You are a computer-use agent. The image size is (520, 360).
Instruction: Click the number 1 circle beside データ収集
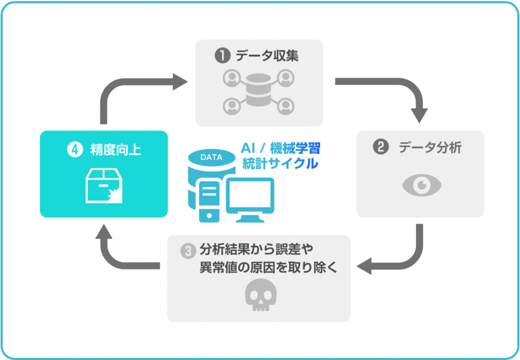point(222,55)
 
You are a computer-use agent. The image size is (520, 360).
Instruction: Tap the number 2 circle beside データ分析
point(381,147)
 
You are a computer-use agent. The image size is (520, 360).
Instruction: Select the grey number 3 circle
point(188,251)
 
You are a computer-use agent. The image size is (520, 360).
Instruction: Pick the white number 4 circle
point(75,149)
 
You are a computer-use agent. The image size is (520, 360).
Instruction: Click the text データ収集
point(267,55)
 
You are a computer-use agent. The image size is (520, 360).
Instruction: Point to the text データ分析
point(430,147)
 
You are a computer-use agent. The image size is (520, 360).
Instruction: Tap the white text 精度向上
point(115,150)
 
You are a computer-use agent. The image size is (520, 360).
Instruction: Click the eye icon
point(422,185)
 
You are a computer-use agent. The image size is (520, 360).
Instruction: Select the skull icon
point(261,295)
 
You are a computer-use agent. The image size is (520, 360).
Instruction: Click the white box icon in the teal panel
point(104,185)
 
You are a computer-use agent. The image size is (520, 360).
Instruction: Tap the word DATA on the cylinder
point(211,157)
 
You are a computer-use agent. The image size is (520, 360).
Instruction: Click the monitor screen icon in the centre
point(250,200)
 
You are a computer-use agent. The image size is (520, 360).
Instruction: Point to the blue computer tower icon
point(209,202)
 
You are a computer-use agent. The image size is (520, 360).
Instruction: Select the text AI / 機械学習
point(281,148)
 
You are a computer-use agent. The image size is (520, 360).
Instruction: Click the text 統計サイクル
point(281,164)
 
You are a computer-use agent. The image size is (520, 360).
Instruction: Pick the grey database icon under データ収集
point(259,90)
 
